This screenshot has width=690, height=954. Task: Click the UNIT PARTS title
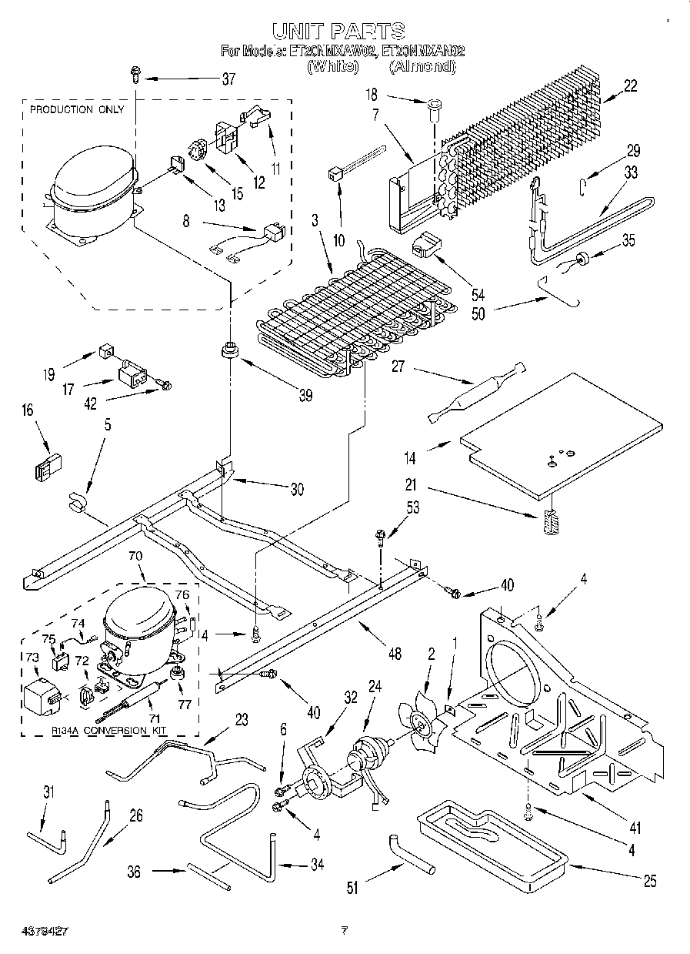tap(338, 30)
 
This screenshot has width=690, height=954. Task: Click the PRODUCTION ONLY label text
tap(76, 109)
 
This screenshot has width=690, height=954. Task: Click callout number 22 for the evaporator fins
tap(630, 86)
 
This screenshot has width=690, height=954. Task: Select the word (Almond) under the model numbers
tap(422, 67)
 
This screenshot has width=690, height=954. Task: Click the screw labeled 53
tap(381, 535)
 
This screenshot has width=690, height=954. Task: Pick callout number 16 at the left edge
tap(28, 412)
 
